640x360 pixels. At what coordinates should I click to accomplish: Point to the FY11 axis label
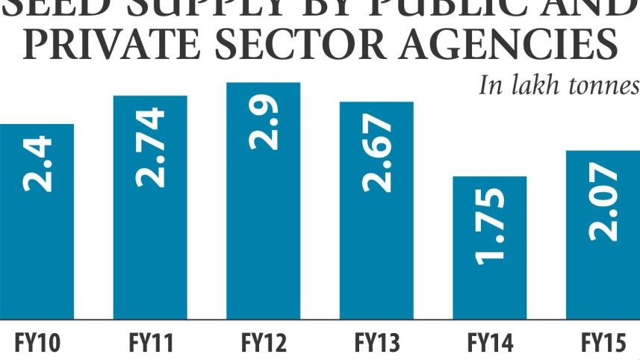pos(151,344)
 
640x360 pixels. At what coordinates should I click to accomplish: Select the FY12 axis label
pos(264,344)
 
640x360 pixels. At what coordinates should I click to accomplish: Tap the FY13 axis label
pos(376,344)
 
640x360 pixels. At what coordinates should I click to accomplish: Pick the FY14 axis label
pos(490,344)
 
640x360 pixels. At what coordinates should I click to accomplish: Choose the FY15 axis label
pos(603,344)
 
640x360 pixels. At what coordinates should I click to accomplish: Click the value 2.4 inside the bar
pos(38,164)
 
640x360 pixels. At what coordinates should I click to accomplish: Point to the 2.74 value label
pos(151,146)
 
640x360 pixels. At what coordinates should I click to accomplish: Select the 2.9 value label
pos(264,122)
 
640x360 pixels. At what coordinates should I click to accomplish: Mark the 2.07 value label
pos(603,202)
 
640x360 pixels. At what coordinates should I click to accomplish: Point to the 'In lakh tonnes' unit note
pos(559,85)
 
